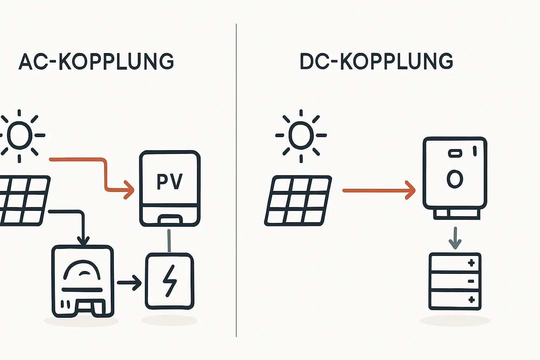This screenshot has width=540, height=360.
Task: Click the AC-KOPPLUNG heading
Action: point(96,62)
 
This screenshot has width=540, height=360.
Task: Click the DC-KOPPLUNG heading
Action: point(376,62)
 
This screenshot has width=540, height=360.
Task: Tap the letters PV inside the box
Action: point(169,182)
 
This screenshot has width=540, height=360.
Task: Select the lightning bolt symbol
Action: point(170,281)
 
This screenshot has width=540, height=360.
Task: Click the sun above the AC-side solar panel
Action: point(20,135)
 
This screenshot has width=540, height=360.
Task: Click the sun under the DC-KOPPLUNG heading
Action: point(301,135)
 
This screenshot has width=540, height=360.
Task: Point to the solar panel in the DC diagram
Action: point(298,200)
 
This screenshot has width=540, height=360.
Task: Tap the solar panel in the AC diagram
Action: point(23,200)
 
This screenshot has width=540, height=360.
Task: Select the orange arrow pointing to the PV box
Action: point(105,176)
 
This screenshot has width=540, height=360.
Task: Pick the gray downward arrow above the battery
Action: point(455,238)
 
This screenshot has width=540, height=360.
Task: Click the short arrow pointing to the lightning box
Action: point(129,282)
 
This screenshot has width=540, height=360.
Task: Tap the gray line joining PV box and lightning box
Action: point(169,241)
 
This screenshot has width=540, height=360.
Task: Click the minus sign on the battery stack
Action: point(471,281)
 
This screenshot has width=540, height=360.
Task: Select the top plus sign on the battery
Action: point(471,263)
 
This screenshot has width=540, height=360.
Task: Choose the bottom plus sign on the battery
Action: point(471,300)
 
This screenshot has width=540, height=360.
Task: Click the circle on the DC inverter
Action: point(455,179)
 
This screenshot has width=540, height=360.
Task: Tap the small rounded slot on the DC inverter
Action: point(455,153)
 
